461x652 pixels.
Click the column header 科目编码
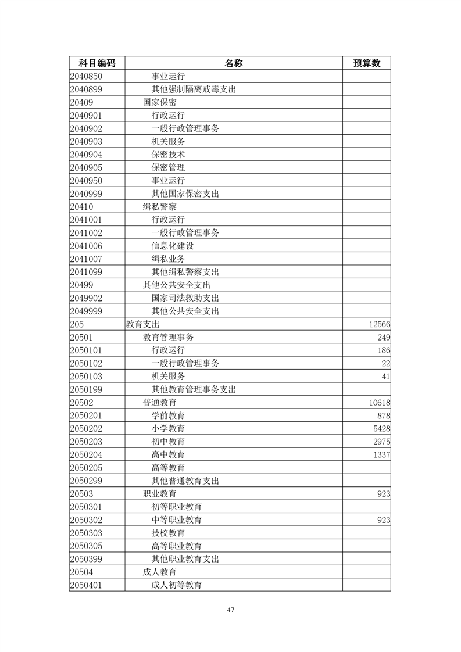[x=97, y=63]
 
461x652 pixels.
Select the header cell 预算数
[x=366, y=63]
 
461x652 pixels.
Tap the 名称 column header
[x=233, y=63]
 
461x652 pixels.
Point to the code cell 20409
[x=82, y=102]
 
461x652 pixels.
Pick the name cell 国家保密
[x=159, y=102]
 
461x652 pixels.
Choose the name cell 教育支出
[x=142, y=324]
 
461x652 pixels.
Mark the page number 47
[x=230, y=610]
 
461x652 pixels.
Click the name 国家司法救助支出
[x=185, y=298]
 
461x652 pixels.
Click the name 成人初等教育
[x=176, y=585]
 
